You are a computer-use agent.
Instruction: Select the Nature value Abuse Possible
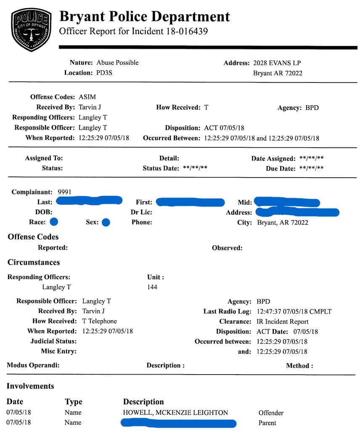pyautogui.click(x=117, y=63)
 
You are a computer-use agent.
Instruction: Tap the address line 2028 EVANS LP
pyautogui.click(x=277, y=63)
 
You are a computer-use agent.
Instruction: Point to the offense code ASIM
pyautogui.click(x=87, y=97)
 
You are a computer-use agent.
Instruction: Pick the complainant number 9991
pyautogui.click(x=65, y=192)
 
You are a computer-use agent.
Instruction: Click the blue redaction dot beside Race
pyautogui.click(x=54, y=222)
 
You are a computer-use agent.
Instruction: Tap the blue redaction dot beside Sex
pyautogui.click(x=106, y=222)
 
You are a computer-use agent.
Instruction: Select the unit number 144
pyautogui.click(x=152, y=287)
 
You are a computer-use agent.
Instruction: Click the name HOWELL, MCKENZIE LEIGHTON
pyautogui.click(x=175, y=412)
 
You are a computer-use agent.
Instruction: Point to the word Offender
pyautogui.click(x=271, y=413)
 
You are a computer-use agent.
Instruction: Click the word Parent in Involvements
pyautogui.click(x=267, y=423)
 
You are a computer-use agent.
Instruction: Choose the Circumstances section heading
pyautogui.click(x=34, y=262)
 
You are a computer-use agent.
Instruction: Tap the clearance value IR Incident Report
pyautogui.click(x=283, y=322)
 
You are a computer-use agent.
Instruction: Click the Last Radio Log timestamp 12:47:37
pyautogui.click(x=270, y=312)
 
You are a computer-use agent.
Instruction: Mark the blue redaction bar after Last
pyautogui.click(x=89, y=201)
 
